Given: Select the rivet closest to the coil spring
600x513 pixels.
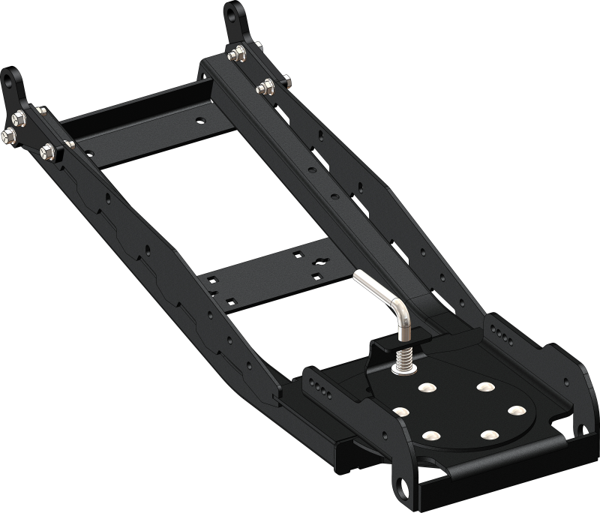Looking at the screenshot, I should (x=427, y=388).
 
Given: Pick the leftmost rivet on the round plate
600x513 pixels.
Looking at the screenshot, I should (x=399, y=412).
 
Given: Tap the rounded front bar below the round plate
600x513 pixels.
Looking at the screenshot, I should (x=495, y=465).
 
